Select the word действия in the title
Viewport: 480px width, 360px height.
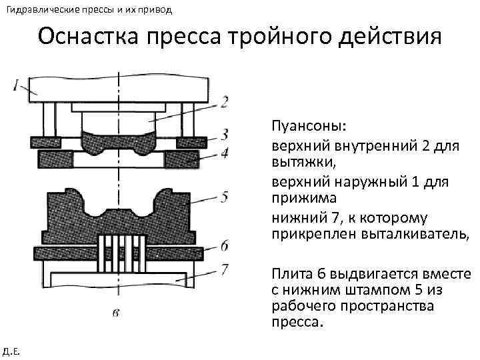tap(389, 37)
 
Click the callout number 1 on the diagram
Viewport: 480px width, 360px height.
tap(15, 85)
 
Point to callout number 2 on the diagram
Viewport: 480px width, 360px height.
tap(224, 102)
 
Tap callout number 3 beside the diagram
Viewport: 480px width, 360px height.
tap(225, 133)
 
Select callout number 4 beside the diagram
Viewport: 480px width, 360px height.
tap(225, 154)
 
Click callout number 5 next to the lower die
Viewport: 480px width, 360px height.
tap(225, 196)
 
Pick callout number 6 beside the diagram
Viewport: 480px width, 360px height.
tap(225, 246)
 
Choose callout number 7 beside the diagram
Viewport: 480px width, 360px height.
tap(225, 269)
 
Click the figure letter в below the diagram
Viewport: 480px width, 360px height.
tap(117, 311)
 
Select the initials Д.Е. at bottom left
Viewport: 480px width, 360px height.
tap(11, 351)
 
